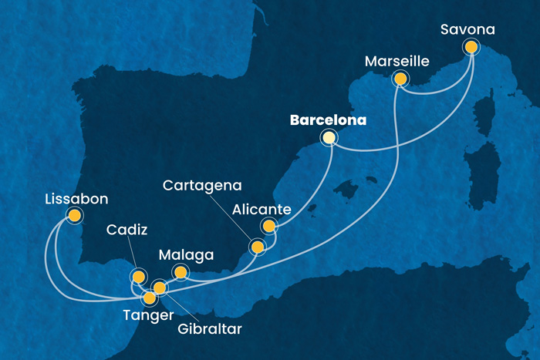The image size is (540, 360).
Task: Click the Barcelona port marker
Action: [x=329, y=138]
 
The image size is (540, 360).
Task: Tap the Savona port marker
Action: [x=471, y=47]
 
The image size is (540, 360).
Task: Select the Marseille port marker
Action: [x=400, y=78]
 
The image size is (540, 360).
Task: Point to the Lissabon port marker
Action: [x=74, y=216]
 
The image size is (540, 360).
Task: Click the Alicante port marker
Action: [x=268, y=226]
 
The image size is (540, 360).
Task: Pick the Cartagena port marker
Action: [x=257, y=247]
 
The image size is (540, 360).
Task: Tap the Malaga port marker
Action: [x=181, y=271]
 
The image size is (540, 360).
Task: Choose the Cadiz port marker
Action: [x=138, y=277]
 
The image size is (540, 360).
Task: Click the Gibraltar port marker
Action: [x=160, y=288]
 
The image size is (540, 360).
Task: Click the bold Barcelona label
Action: [x=328, y=120]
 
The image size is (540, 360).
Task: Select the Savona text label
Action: [x=467, y=30]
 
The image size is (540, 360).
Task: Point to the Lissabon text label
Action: [x=76, y=200]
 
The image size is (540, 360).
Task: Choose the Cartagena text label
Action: [x=202, y=186]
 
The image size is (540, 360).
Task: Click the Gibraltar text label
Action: [x=208, y=329]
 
